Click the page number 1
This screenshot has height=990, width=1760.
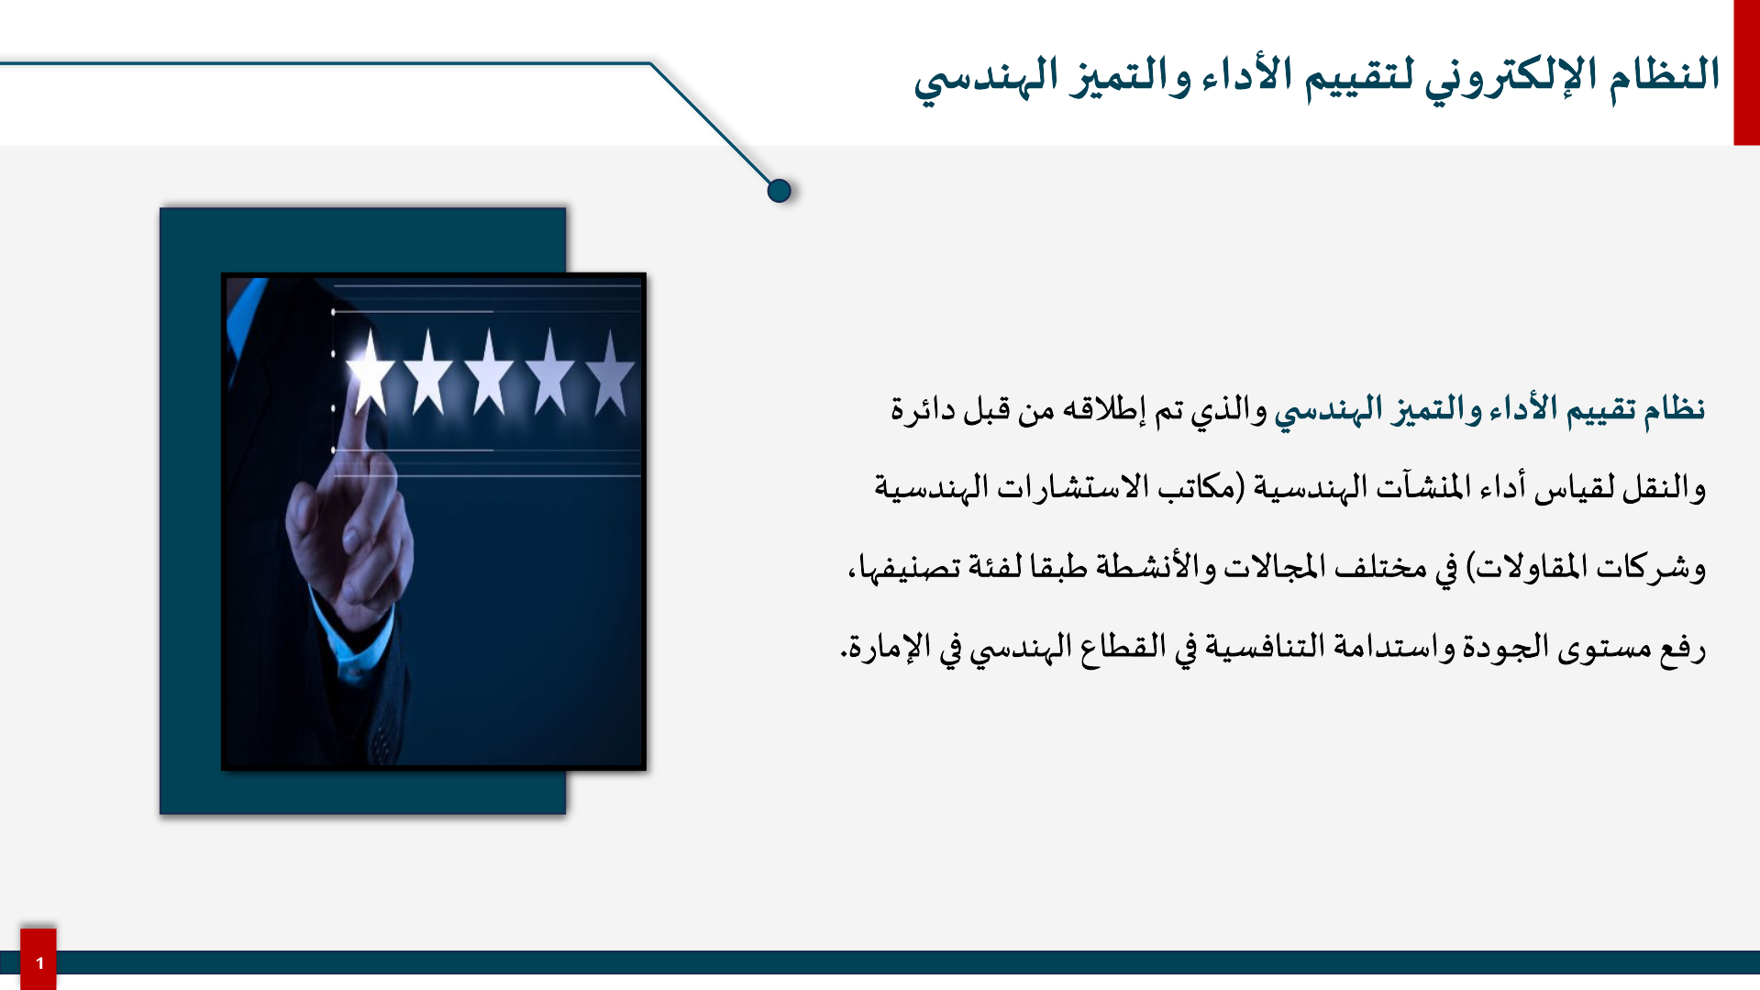[39, 963]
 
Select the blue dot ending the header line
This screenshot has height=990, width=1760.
[779, 191]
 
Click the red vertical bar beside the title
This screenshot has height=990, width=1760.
[1746, 72]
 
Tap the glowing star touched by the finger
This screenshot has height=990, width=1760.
[370, 374]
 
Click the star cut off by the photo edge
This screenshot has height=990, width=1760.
[612, 374]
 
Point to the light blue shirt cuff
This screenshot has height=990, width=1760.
[353, 638]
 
